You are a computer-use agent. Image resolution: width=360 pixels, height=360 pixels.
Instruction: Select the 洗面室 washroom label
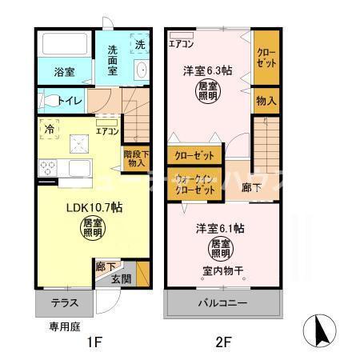pyautogui.click(x=112, y=61)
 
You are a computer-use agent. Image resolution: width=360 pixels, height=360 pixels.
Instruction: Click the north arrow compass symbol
pyautogui.click(x=318, y=330)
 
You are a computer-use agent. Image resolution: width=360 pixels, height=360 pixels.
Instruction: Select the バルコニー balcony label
pyautogui.click(x=223, y=303)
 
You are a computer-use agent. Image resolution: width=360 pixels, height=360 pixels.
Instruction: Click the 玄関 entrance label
pyautogui.click(x=121, y=278)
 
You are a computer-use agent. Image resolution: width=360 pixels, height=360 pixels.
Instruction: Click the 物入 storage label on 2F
pyautogui.click(x=266, y=101)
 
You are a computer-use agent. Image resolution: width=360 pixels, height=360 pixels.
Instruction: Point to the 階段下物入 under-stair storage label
pyautogui.click(x=134, y=158)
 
